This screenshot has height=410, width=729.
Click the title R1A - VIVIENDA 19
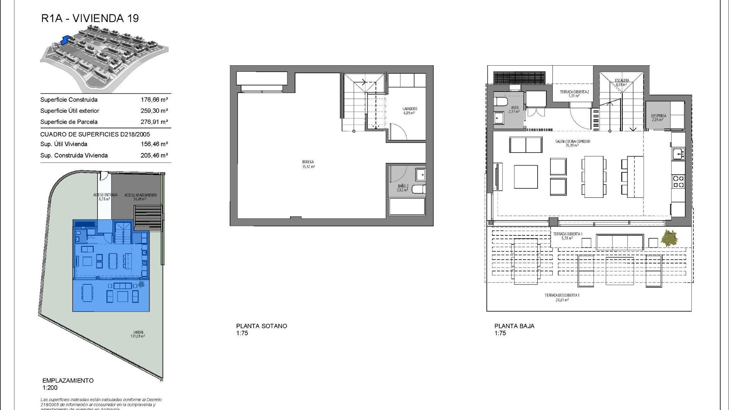[90, 18]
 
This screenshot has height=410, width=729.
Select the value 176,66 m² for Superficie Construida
[154, 100]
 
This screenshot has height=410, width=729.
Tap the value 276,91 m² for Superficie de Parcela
[154, 122]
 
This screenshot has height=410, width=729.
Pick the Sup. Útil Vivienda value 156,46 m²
[154, 144]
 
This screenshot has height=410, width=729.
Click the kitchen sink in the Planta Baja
[677, 154]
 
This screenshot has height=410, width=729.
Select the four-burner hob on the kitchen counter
[678, 181]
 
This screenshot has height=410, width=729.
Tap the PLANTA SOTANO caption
[262, 326]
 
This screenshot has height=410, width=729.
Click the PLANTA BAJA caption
[514, 326]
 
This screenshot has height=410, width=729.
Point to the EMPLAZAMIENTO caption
[68, 381]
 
